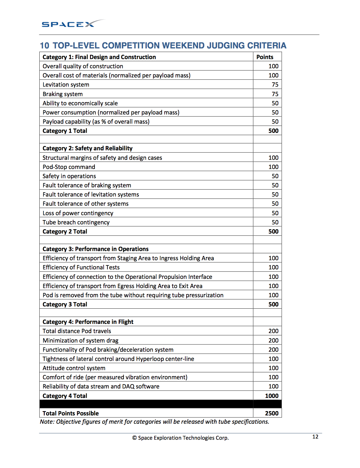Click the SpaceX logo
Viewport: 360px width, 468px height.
point(73,24)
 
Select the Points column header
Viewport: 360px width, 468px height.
point(265,57)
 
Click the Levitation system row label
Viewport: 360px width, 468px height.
point(66,85)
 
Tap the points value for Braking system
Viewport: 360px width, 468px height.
point(275,94)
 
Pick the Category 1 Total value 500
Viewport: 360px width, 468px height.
point(273,131)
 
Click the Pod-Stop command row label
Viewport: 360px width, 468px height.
point(69,167)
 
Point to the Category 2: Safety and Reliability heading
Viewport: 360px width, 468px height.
point(87,148)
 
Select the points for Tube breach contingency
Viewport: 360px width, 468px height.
point(275,222)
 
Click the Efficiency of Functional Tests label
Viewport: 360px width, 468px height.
point(81,267)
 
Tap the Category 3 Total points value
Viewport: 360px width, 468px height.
point(273,304)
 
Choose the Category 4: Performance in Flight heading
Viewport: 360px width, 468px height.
point(88,322)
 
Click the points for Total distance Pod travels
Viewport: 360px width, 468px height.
point(273,331)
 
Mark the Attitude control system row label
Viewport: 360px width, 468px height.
point(74,368)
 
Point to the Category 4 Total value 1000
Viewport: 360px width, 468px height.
point(271,396)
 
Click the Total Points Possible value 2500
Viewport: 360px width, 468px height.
point(271,413)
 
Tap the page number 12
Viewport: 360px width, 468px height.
point(315,437)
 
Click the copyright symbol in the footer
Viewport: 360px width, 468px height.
point(134,438)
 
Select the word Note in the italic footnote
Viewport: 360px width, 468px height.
point(47,422)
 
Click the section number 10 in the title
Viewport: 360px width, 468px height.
point(44,46)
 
